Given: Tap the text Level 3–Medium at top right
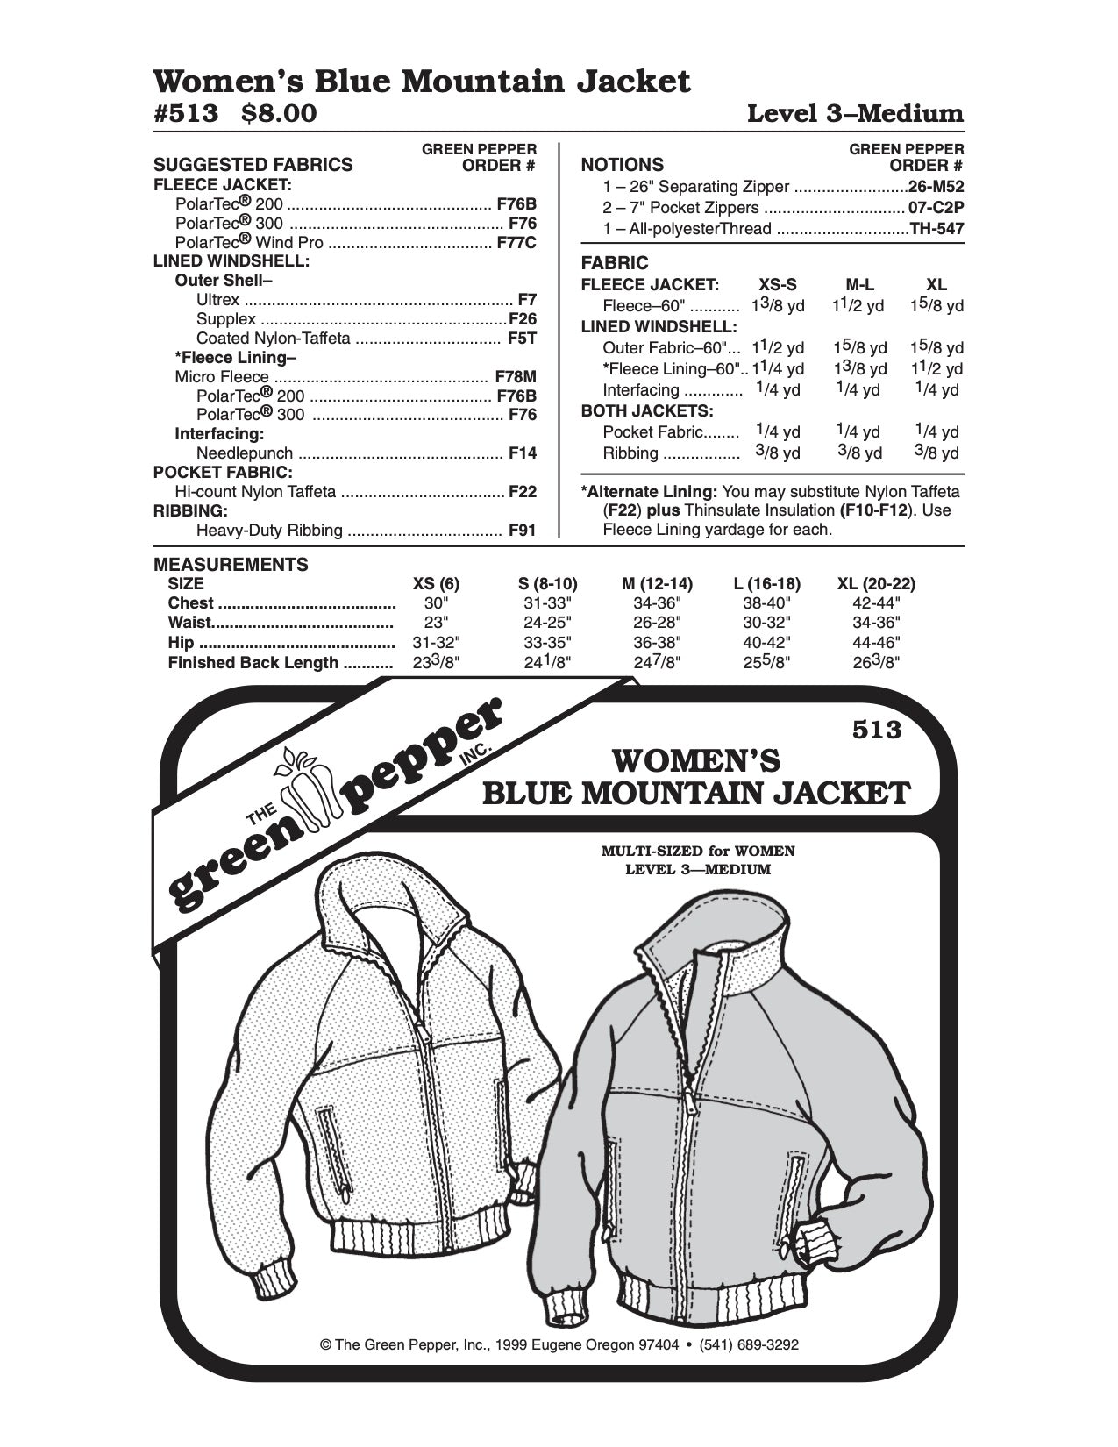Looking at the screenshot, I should [x=854, y=114].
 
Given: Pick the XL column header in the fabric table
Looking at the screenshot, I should [x=936, y=284].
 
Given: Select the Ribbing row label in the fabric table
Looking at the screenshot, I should [x=630, y=453].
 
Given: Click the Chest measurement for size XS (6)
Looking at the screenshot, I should [x=436, y=603].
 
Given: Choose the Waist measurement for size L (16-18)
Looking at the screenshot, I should [x=762, y=623].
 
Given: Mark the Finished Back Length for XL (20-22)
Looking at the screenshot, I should [x=876, y=662].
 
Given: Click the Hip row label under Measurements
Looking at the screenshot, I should [x=182, y=643].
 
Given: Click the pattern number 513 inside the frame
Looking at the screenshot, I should [x=876, y=730].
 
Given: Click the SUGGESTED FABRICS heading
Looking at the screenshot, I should [x=253, y=164].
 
